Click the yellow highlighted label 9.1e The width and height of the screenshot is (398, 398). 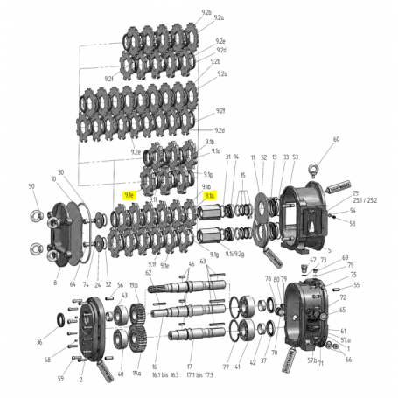129,198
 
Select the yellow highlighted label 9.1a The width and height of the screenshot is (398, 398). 210,198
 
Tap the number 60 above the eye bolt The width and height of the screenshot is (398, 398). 336,139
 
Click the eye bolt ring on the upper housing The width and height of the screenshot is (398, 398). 335,163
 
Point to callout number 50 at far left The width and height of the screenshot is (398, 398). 31,186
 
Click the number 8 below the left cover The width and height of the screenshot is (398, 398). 55,284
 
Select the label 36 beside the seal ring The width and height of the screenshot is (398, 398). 39,342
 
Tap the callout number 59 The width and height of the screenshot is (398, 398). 60,379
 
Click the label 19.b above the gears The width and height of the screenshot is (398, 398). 134,285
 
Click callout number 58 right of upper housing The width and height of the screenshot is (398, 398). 353,223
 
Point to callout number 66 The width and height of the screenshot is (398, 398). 348,360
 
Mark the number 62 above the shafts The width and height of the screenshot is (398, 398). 149,273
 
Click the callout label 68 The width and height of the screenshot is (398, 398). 47,360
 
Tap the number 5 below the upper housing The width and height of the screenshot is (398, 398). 329,249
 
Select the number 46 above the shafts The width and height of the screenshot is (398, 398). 191,262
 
